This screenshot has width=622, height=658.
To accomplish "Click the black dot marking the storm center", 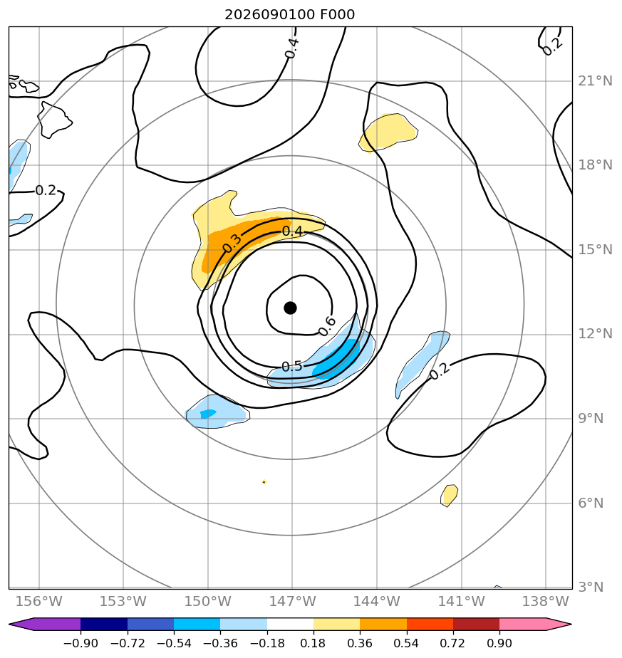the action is (290, 308).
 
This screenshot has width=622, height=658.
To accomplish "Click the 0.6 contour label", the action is (327, 326).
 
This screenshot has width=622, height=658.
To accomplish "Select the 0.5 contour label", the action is (292, 367).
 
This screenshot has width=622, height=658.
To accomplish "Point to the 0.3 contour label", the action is (232, 243).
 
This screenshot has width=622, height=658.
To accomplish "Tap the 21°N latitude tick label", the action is (595, 81).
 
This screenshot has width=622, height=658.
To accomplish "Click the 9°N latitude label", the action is (591, 419).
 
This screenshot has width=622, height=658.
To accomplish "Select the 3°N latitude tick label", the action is (591, 587).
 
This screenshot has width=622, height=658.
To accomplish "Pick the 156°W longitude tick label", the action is (38, 601).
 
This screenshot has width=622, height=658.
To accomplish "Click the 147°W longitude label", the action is (292, 601).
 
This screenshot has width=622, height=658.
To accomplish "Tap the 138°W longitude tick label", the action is (546, 601).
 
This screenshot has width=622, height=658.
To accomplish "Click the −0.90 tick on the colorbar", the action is (81, 643).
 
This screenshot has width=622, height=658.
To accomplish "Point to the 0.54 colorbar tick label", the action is (407, 643).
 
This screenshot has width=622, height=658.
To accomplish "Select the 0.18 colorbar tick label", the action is (313, 643).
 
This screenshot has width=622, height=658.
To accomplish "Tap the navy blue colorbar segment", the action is (104, 624).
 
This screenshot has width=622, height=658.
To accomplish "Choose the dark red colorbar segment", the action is (476, 624).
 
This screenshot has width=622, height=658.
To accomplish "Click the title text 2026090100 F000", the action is (290, 15).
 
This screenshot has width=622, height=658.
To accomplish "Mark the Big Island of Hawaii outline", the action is (54, 120).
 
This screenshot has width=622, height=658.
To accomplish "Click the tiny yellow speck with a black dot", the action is (264, 482).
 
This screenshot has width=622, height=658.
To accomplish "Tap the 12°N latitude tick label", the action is (595, 334).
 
